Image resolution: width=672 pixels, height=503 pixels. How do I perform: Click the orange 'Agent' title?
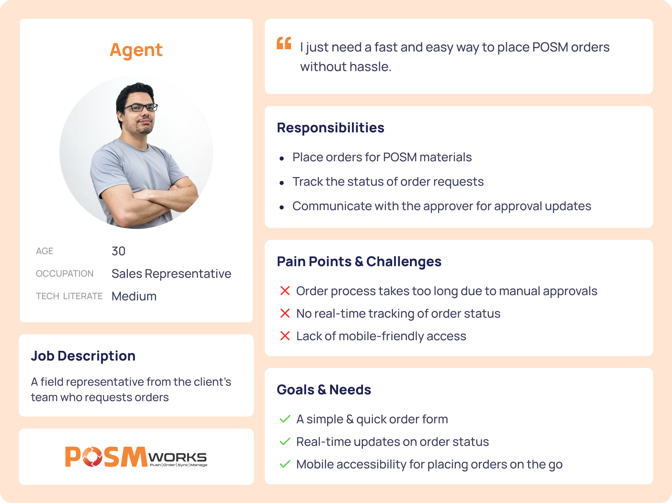(x=136, y=50)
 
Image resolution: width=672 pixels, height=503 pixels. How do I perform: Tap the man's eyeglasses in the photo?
(x=140, y=108)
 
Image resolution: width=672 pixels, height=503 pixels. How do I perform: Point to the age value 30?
(x=118, y=251)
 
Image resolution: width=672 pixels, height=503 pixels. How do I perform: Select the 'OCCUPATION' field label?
(x=65, y=274)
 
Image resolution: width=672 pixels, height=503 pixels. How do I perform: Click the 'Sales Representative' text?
(x=171, y=274)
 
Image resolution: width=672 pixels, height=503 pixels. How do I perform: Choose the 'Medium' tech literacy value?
(x=134, y=296)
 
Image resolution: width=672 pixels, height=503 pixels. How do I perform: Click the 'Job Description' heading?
(x=83, y=356)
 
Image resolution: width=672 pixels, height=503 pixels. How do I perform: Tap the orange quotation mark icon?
(x=284, y=43)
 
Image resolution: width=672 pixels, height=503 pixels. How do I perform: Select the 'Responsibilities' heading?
(x=331, y=128)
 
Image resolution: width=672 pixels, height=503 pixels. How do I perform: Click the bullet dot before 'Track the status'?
(x=282, y=183)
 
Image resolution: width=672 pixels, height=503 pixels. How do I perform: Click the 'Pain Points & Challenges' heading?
(x=359, y=262)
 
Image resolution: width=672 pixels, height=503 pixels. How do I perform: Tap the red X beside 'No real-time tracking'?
(x=285, y=313)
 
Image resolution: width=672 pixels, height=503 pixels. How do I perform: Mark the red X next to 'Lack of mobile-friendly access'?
(x=285, y=336)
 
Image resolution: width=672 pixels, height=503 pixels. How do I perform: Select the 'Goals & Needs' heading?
(x=324, y=390)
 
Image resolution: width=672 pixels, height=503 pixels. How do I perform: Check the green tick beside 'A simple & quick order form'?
(x=285, y=419)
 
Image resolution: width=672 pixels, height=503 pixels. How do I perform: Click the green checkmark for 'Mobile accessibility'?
(x=285, y=464)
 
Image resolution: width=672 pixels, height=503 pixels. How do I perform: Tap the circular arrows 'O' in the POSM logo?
(x=92, y=457)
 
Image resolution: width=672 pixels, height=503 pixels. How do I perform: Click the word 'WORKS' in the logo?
(x=177, y=457)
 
